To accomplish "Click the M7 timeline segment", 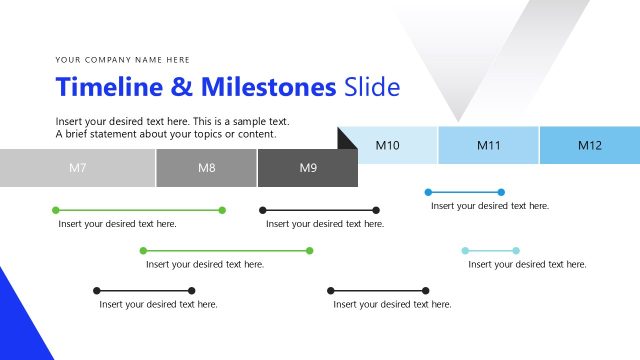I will pos(78,168).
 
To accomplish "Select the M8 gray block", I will pos(206,168).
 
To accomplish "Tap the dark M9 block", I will pos(308,168).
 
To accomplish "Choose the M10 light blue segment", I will pos(388,146).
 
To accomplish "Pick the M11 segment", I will pos(488,146).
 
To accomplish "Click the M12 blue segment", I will pos(590,146).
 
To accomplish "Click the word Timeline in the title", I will pos(109,87).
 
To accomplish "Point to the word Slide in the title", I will pos(372,87).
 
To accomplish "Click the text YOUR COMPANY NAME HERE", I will pos(123,59).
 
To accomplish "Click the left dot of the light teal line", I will pos(465,250).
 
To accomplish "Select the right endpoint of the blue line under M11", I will pos(501,191).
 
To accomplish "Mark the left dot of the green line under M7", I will pos(55,210).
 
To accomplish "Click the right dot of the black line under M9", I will pos(376,210).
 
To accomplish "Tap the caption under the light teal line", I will pos(527,265).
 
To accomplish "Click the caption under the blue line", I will pos(490,206).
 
